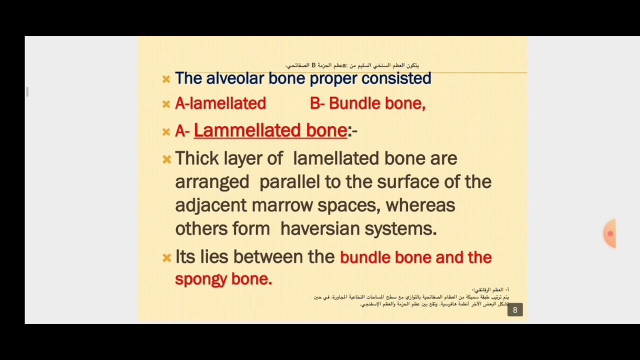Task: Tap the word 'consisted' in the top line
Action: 396,78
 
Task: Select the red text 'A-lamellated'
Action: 220,103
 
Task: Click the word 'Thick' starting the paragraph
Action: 197,158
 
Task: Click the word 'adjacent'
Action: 211,205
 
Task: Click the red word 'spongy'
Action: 200,279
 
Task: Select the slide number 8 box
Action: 515,310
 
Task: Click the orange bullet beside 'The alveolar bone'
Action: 166,79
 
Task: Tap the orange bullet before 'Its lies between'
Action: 166,258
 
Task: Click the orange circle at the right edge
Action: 610,233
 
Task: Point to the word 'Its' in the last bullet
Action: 185,257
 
